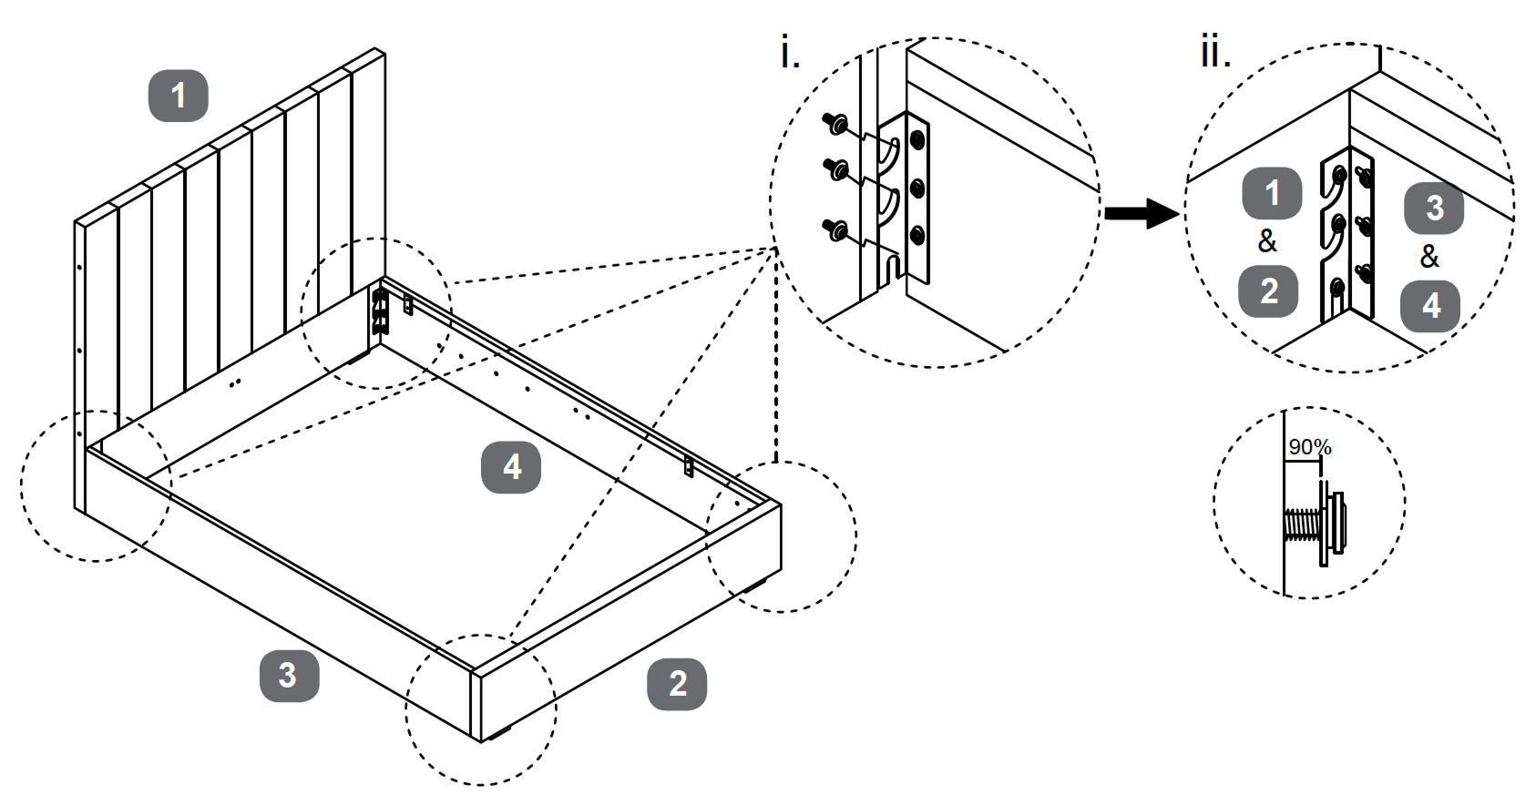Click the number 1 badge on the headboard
[x=179, y=96]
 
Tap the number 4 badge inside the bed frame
[x=511, y=467]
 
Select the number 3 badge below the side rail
[x=289, y=675]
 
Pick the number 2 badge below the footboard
[x=677, y=684]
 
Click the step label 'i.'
[x=790, y=55]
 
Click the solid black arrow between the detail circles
[x=1142, y=214]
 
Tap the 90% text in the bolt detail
[x=1310, y=447]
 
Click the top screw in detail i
[x=835, y=123]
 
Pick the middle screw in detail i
[x=835, y=168]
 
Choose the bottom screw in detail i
[x=834, y=229]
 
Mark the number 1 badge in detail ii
[x=1272, y=193]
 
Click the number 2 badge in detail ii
[x=1268, y=291]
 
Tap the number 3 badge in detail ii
[x=1434, y=208]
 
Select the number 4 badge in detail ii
[x=1430, y=306]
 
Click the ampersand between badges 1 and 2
[x=1267, y=242]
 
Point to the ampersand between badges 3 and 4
[x=1429, y=257]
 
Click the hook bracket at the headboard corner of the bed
[x=379, y=311]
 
